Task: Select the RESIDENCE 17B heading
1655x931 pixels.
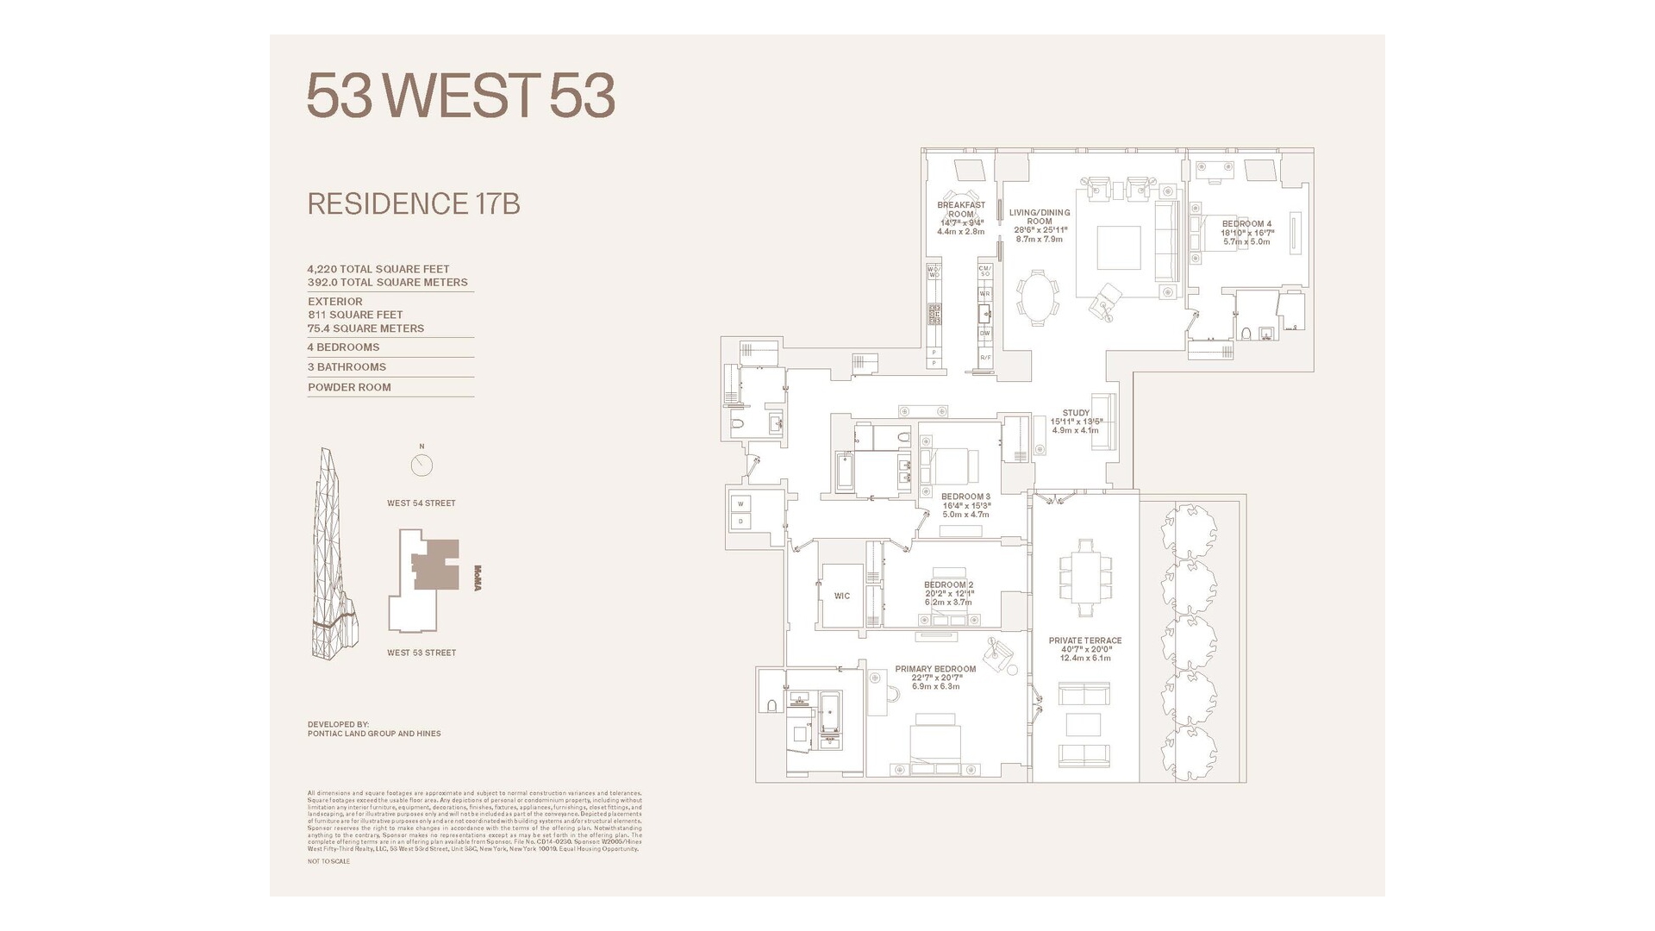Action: pos(414,204)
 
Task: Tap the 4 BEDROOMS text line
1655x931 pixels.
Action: pos(344,347)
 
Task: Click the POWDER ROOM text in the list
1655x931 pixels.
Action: pos(349,387)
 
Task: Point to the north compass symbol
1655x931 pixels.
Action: pos(422,465)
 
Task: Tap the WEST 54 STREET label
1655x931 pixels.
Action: pos(421,503)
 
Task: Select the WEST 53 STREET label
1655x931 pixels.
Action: pos(422,653)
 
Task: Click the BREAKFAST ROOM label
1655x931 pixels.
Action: pos(961,209)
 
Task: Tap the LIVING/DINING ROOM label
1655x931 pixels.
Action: pos(1040,216)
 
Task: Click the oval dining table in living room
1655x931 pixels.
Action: pos(1039,297)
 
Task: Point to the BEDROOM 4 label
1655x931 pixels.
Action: pos(1246,224)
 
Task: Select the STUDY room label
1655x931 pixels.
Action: pos(1076,413)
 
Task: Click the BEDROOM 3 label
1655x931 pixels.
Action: pos(965,497)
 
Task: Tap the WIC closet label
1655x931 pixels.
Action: pos(841,596)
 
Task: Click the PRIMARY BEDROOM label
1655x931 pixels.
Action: pos(935,669)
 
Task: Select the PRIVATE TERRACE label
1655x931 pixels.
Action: pos(1085,640)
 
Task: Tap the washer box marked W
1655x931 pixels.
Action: pos(740,504)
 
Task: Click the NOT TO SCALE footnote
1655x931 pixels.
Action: pos(328,861)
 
